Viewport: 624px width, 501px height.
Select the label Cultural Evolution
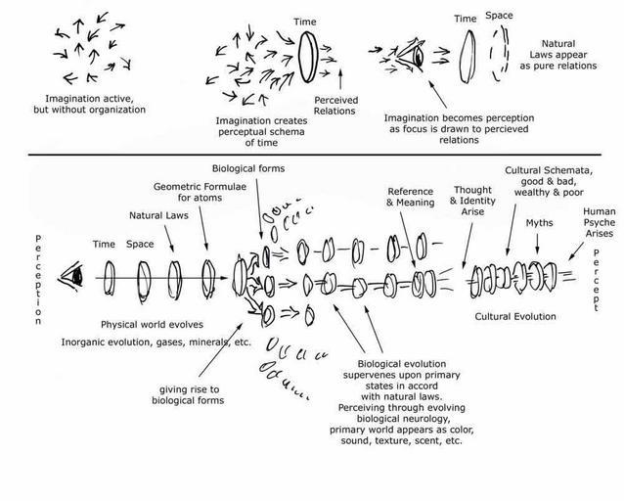(515, 317)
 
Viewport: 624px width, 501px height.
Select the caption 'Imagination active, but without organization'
(96, 104)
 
